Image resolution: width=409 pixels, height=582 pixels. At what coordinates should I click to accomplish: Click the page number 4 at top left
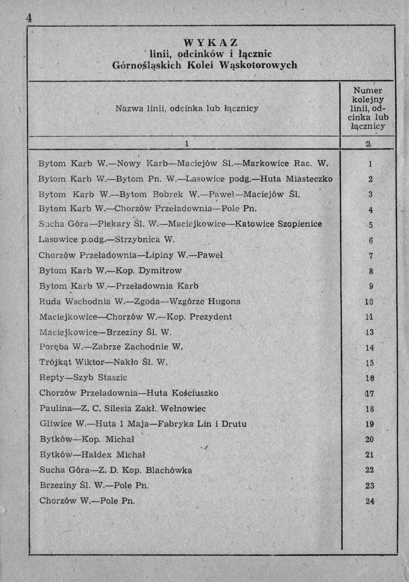tap(29, 18)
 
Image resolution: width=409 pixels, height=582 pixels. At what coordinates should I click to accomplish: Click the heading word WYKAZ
tap(211, 43)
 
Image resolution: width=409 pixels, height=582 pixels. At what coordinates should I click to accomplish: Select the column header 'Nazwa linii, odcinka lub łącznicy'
tap(187, 108)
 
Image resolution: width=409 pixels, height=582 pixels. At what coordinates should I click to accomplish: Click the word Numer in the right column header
tap(368, 91)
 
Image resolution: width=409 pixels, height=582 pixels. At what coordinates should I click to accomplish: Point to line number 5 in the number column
tap(371, 225)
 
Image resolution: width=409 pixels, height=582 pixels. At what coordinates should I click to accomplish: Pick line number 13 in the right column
tap(369, 332)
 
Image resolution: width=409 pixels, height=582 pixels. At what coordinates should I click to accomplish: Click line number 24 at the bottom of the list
tap(370, 501)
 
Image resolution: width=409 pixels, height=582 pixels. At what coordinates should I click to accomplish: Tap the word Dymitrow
tap(160, 271)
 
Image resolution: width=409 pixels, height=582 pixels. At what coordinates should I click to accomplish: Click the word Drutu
tap(235, 424)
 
